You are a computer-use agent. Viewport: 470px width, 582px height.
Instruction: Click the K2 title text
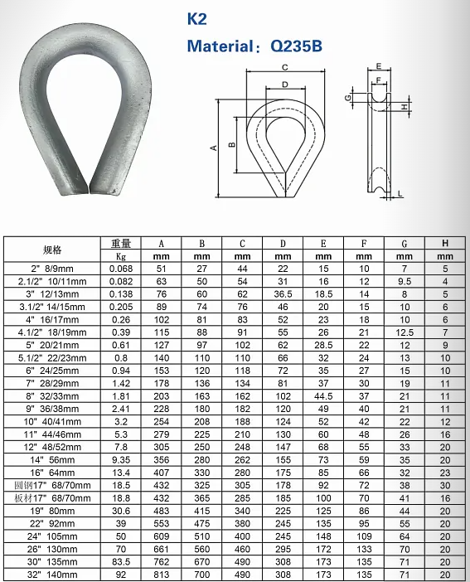pyautogui.click(x=196, y=18)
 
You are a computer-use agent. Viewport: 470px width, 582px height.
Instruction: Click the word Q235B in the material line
pyautogui.click(x=296, y=46)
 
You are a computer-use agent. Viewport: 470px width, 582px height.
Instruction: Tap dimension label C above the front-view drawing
pyautogui.click(x=285, y=67)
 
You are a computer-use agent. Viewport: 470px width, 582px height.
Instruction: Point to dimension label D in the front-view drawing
pyautogui.click(x=285, y=85)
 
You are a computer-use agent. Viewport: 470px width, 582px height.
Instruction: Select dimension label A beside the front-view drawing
pyautogui.click(x=214, y=148)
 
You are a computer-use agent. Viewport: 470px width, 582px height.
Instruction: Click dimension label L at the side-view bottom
pyautogui.click(x=400, y=194)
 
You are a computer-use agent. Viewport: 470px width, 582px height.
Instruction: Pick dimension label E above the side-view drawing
pyautogui.click(x=379, y=66)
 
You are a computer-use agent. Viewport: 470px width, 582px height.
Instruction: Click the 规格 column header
pyautogui.click(x=52, y=250)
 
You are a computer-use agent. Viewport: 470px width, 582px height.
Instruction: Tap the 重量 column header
pyautogui.click(x=121, y=244)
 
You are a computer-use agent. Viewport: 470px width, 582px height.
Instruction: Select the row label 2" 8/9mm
pyautogui.click(x=52, y=269)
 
